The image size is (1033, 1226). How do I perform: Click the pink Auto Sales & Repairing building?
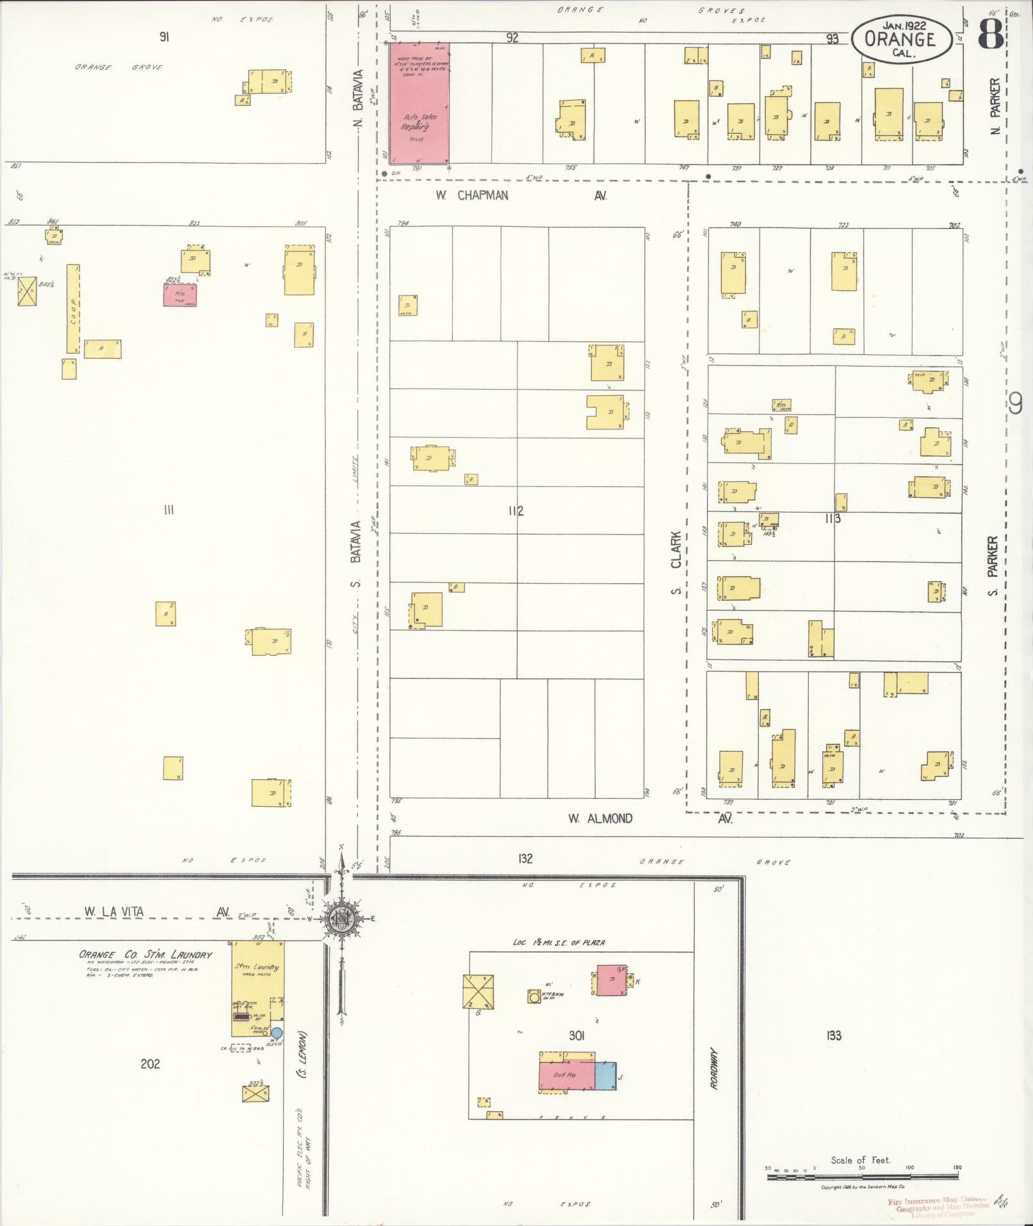click(419, 103)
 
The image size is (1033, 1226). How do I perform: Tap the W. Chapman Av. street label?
click(520, 195)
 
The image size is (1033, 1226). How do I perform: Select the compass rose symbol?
click(341, 919)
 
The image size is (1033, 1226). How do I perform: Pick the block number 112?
click(516, 511)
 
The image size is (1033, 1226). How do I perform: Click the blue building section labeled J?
click(605, 1075)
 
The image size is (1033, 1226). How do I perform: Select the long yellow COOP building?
click(73, 308)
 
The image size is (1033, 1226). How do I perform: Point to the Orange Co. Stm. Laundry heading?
click(145, 954)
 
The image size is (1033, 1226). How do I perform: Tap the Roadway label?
click(715, 1069)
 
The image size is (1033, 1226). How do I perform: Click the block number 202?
click(150, 1064)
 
